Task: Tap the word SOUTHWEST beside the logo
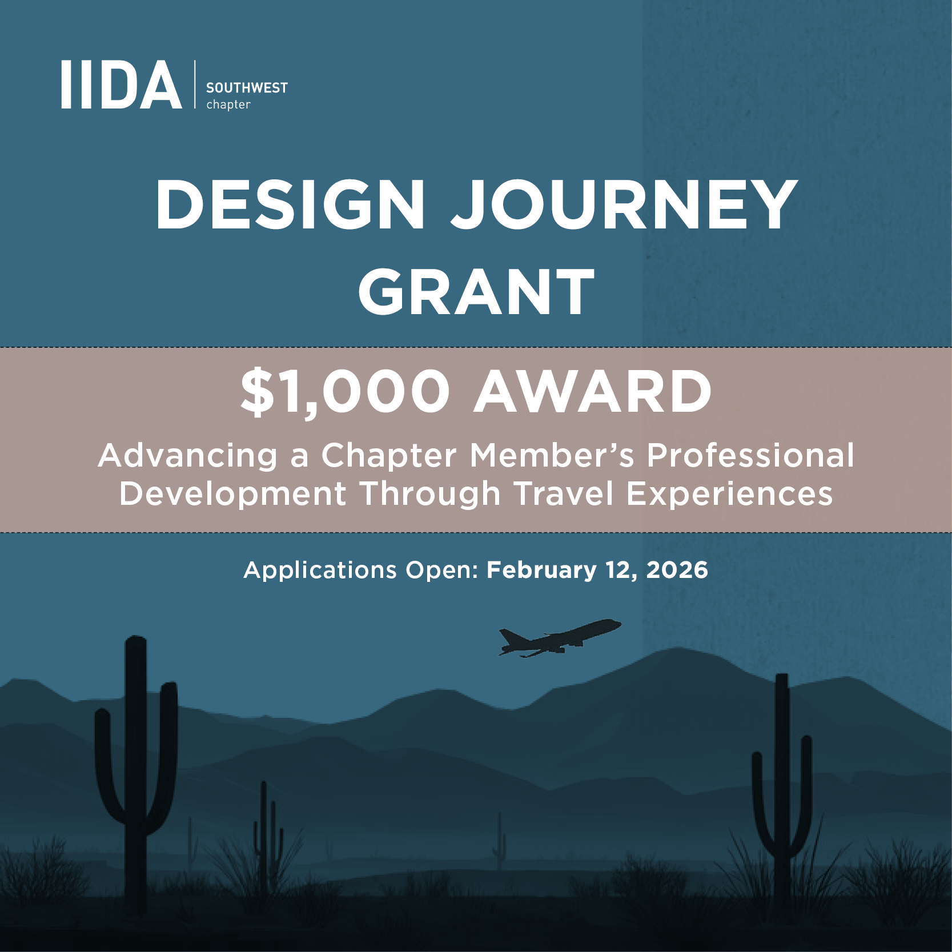point(247,88)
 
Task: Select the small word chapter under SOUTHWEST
point(228,105)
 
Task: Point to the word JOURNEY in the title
point(625,204)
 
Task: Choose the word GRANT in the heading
point(476,292)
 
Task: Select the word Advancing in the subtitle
point(187,456)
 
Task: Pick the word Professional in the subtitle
point(750,456)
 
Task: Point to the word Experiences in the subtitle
point(729,493)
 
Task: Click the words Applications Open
point(361,570)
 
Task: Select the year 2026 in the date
point(677,570)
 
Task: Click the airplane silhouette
point(560,637)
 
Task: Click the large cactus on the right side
point(781,800)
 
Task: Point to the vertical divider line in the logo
point(195,85)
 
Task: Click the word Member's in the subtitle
point(552,456)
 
